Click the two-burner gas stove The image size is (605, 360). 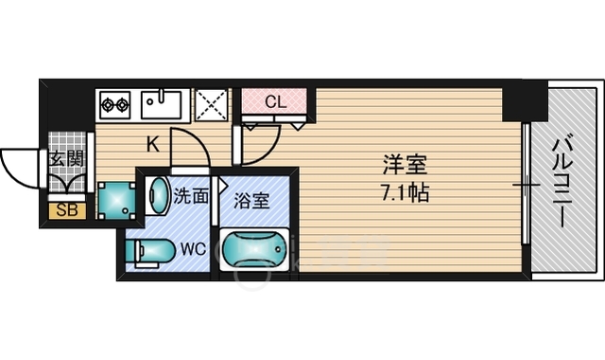115,104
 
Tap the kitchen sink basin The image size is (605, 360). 161,104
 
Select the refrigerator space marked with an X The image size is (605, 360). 211,105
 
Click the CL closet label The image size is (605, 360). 276,102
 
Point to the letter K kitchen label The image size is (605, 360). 153,145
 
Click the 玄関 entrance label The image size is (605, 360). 66,158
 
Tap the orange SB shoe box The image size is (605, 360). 67,210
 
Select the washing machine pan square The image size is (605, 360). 116,201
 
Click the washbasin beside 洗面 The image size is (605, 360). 159,195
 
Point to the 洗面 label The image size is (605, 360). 191,196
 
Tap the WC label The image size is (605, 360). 194,249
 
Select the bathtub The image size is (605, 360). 254,250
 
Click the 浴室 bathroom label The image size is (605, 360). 251,201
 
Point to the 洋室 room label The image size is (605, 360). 405,165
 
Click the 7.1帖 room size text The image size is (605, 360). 406,192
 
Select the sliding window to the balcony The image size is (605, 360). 526,184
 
